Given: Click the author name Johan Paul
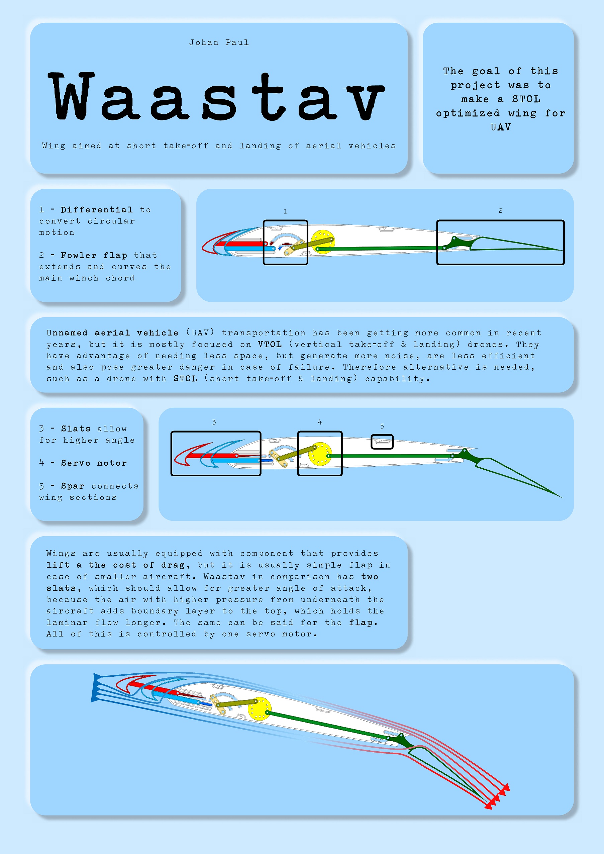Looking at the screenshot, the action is coord(219,42).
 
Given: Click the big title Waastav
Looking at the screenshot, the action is coord(216,97).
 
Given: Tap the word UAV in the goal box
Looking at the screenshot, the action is coord(501,127).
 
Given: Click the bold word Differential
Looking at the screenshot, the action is coord(97,210).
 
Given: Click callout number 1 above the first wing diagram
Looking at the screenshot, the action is coord(285,211).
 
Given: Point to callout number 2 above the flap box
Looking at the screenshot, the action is coord(500,210).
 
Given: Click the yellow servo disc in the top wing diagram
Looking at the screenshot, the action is coord(322,242).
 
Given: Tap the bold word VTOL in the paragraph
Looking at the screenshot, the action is coord(270,345).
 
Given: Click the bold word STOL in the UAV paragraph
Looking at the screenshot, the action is coord(185,379).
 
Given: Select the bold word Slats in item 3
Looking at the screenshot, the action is coord(76,429).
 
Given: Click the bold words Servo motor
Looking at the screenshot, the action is coord(94,463).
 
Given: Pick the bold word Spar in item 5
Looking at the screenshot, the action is coord(73,486).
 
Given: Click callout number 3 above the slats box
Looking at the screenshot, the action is coord(214,422).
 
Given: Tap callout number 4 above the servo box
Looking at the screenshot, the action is coord(320,422).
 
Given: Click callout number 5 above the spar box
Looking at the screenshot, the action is coord(382,426).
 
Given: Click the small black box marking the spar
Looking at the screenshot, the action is coord(382,436).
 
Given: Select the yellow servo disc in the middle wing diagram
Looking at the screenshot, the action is coord(320,454).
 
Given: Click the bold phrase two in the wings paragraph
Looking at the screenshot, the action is coord(370,576).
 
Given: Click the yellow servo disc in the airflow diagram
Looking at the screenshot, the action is coord(259,709).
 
